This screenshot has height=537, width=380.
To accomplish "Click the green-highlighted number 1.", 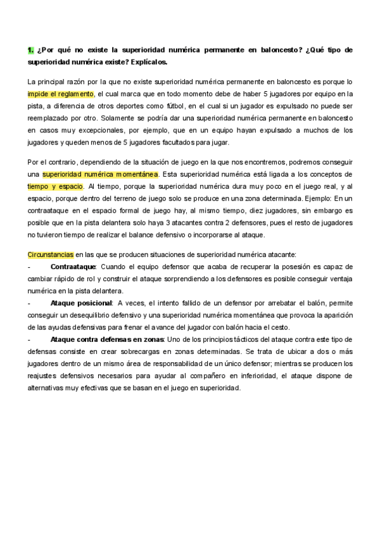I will point(30,49).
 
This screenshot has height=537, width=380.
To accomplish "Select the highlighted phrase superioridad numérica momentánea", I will point(101,174).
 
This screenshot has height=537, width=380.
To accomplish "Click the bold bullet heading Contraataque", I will point(73,266).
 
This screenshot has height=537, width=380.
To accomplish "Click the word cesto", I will point(279,327).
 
